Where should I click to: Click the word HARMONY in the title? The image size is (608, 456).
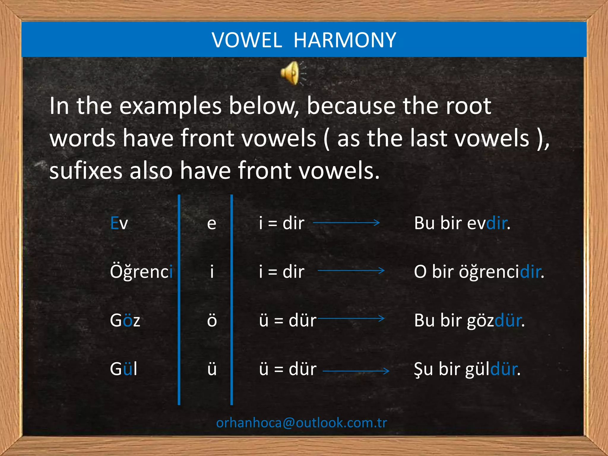[x=345, y=40]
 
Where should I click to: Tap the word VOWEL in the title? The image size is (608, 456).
[x=247, y=40]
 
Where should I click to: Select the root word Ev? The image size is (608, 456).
[x=119, y=223]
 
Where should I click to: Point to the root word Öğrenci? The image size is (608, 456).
[x=141, y=272]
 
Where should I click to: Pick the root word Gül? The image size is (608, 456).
[x=123, y=369]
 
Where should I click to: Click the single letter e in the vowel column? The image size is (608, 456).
[x=212, y=223]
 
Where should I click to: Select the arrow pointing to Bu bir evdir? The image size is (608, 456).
[x=346, y=222]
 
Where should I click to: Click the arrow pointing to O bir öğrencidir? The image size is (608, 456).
[x=351, y=270]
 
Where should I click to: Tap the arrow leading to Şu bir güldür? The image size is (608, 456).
[x=356, y=371]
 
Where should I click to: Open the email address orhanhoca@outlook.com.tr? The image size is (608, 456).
[x=302, y=423]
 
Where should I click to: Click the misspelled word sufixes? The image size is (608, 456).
[x=86, y=171]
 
